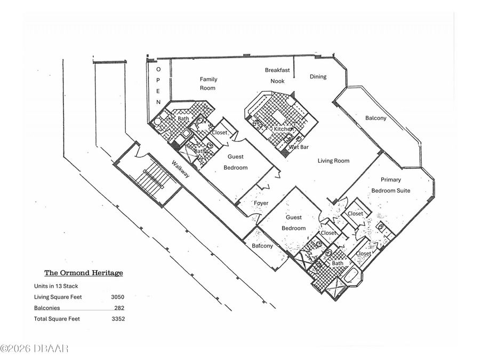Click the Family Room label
[x=208, y=84]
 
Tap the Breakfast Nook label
[x=277, y=76]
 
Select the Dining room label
[x=318, y=76]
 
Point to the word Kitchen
[x=284, y=129]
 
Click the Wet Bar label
[x=299, y=147]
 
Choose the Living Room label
[x=333, y=161]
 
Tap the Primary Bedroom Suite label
[x=390, y=185]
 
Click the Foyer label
[x=261, y=203]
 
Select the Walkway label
[x=180, y=169]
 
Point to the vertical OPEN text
[x=158, y=86]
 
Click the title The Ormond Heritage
[x=84, y=273]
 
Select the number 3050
[x=117, y=297]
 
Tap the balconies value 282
[x=119, y=308]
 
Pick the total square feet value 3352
[x=118, y=319]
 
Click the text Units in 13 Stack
[x=56, y=286]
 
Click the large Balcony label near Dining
[x=375, y=118]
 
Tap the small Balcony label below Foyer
[x=262, y=246]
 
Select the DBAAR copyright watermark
[x=34, y=348]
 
